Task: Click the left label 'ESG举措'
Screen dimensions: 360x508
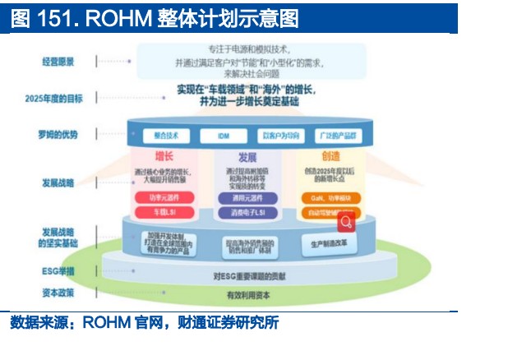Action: (58, 270)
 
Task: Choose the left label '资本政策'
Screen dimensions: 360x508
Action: (58, 292)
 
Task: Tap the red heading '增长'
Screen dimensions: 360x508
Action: (164, 156)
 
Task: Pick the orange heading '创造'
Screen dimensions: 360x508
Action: (330, 156)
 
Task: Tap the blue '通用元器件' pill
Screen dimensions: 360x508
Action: (246, 197)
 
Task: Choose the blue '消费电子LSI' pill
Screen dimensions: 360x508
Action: (246, 213)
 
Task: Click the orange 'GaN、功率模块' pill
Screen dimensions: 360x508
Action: (329, 197)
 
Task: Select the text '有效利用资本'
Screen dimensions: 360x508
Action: (247, 294)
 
